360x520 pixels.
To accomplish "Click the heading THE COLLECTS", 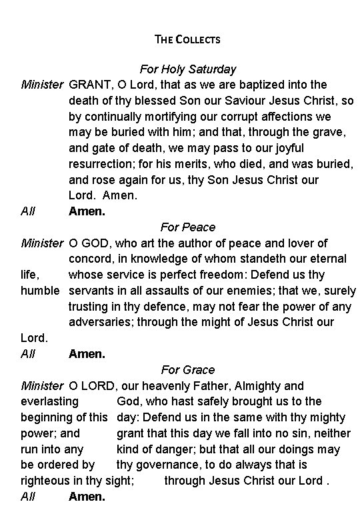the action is [187, 39].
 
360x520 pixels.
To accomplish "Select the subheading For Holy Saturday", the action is [187, 69].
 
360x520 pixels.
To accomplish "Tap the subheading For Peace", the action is [187, 227].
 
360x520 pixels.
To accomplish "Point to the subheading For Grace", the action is [187, 370].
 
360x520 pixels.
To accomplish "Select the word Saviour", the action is [243, 101].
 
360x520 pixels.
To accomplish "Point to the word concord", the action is [90, 259].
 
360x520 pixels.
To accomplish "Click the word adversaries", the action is [102, 323].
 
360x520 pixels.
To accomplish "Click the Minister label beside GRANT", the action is [43, 85].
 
